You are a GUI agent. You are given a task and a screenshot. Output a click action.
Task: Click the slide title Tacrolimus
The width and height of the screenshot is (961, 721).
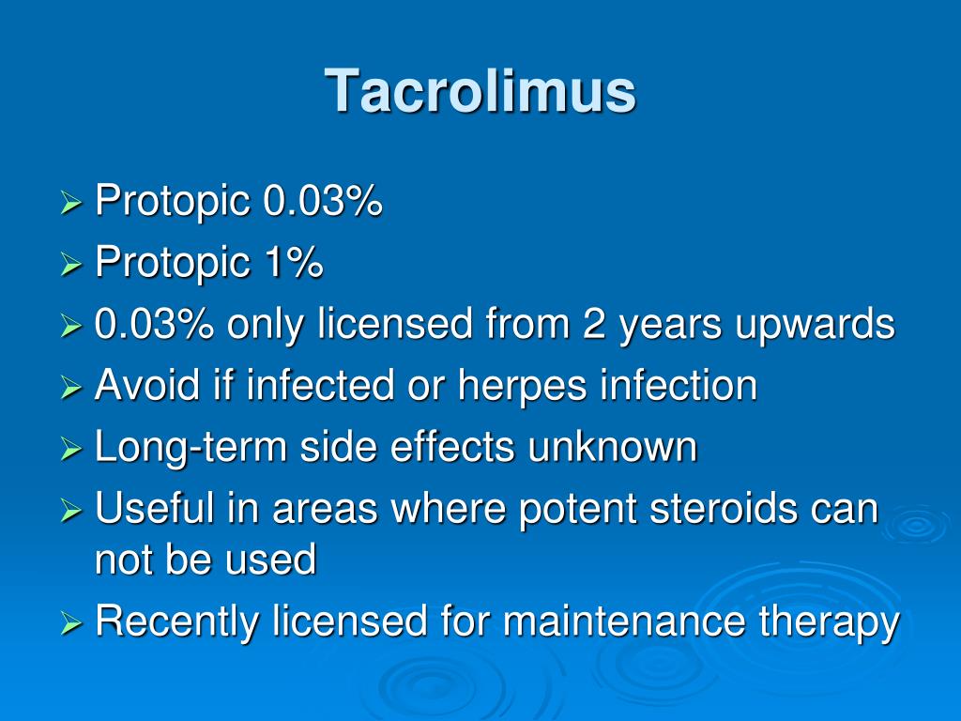(x=480, y=91)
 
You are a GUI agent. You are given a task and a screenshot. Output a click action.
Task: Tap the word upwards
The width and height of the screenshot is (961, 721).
(x=816, y=326)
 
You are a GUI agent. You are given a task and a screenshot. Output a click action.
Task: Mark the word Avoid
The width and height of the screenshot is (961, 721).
(x=147, y=385)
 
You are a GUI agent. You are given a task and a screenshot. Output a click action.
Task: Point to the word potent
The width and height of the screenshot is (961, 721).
(x=577, y=511)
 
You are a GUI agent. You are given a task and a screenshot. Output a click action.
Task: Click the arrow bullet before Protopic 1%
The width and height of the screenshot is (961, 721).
(x=71, y=264)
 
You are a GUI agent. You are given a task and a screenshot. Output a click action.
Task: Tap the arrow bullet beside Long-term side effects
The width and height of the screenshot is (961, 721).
(x=71, y=449)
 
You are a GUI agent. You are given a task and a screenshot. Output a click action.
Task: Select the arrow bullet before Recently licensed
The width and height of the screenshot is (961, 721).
(x=71, y=623)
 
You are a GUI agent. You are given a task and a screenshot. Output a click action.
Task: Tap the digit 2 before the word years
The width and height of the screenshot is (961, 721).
(x=594, y=323)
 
